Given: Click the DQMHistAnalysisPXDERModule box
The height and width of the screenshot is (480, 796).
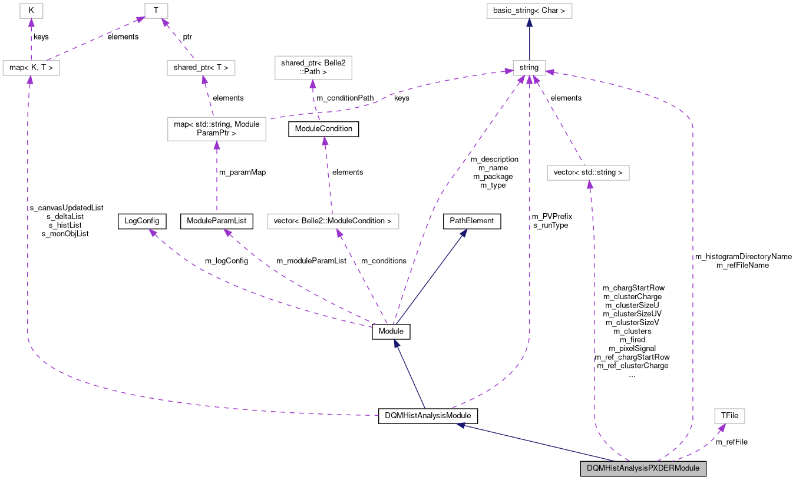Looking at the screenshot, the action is click(x=643, y=468).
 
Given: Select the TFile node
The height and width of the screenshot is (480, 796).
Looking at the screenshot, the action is click(x=729, y=416).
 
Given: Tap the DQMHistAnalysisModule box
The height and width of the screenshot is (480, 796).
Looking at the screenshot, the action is click(x=428, y=416).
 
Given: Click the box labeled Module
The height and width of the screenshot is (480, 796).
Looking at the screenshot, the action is click(x=391, y=332).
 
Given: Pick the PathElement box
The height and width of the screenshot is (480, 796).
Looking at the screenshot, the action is click(x=472, y=221).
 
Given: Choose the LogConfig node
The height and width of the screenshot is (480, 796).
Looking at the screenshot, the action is click(x=142, y=221).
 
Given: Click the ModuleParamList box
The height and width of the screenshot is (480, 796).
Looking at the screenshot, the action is click(x=216, y=221).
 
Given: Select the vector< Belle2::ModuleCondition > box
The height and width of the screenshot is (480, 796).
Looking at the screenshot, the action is click(x=333, y=221).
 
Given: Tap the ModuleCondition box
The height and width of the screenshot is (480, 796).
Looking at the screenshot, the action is click(x=323, y=129).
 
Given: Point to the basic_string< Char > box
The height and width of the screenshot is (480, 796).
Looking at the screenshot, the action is click(x=529, y=11).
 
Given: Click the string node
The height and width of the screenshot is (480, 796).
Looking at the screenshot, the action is click(x=529, y=68).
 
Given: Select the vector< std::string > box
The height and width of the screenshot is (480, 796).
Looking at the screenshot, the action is click(x=588, y=173).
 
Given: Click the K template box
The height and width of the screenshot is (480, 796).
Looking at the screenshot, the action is click(x=31, y=11).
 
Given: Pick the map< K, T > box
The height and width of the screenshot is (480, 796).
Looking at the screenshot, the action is click(x=31, y=68).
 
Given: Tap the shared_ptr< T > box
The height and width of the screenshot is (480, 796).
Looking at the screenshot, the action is click(x=201, y=68).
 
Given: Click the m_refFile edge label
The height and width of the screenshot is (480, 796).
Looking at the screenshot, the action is click(x=732, y=442).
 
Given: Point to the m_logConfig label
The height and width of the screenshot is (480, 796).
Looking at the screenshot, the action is click(x=226, y=261).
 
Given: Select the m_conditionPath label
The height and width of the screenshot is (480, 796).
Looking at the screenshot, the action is click(x=345, y=98).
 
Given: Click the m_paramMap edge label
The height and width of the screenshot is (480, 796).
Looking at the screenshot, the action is click(x=242, y=173).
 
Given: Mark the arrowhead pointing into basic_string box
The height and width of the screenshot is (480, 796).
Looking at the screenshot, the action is click(x=529, y=22).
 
